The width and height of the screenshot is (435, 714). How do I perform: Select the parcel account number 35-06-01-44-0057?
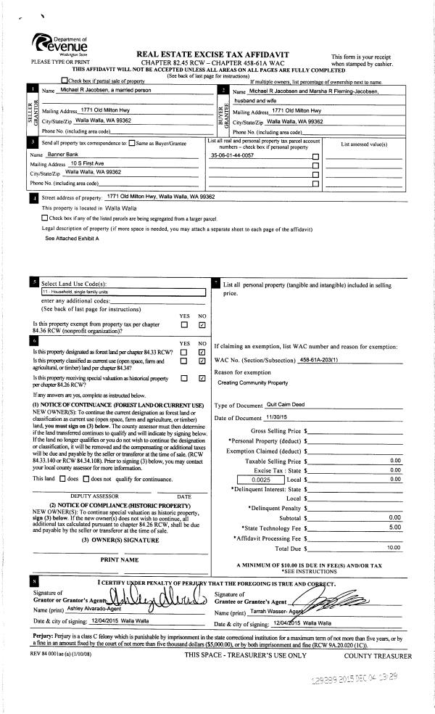tap(232, 156)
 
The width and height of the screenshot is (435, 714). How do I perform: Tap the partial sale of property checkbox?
tap(65, 81)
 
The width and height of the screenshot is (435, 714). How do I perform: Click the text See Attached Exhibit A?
tap(72, 238)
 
